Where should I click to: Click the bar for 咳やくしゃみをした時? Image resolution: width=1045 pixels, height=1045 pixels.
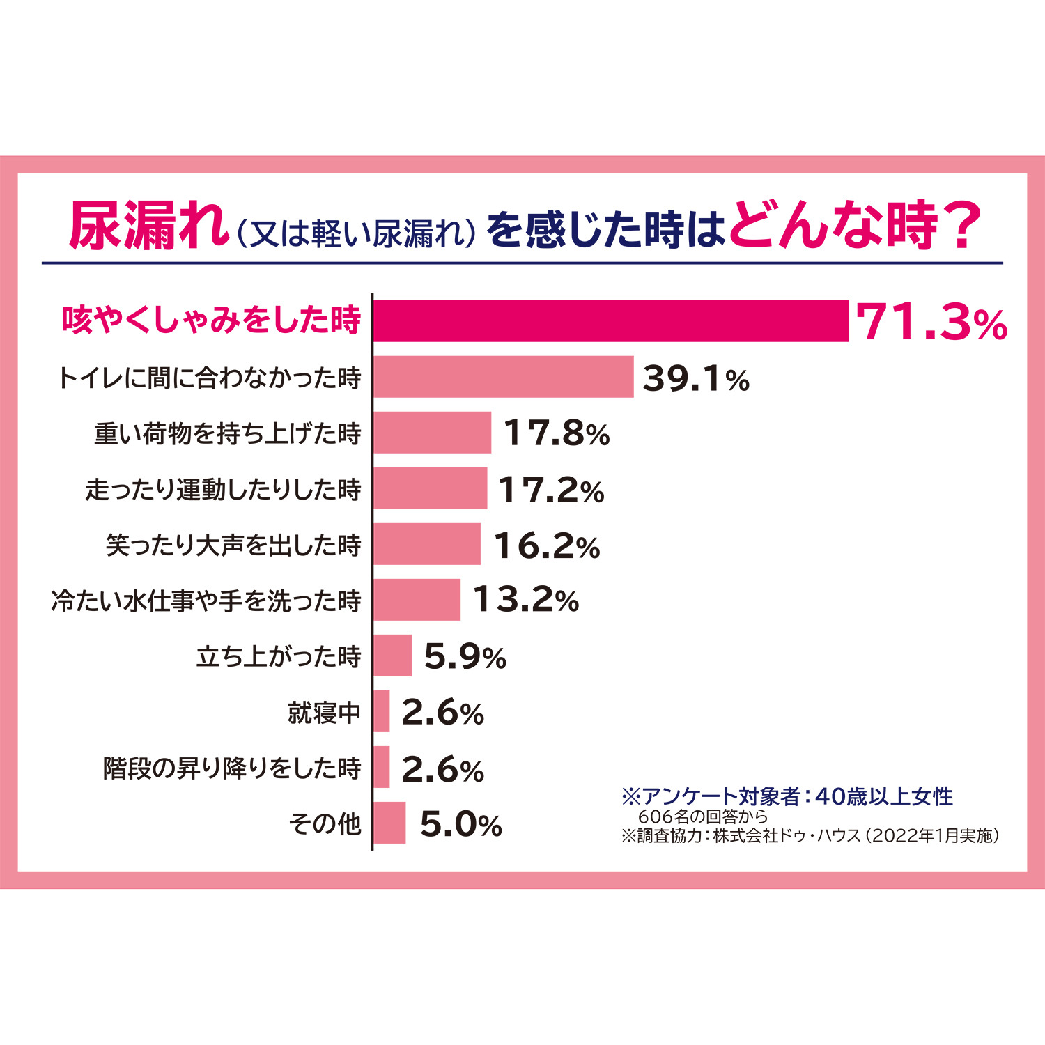611,321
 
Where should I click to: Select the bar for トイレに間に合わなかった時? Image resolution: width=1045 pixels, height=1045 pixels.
503,377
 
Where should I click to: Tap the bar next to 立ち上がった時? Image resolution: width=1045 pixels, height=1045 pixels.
392,656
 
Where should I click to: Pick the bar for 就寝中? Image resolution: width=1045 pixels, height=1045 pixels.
381,711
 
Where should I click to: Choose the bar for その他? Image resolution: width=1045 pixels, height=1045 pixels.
389,823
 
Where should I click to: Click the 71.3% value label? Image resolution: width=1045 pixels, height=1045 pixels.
931,323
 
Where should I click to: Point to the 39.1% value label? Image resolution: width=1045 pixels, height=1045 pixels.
695,379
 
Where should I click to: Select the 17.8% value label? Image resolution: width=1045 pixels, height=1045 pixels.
556,433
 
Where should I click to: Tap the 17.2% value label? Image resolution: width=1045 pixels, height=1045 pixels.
551,490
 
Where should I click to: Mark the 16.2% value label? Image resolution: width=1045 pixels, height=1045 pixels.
547,545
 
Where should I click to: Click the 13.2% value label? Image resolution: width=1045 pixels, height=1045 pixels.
526,600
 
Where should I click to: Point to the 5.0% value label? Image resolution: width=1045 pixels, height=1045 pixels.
460,825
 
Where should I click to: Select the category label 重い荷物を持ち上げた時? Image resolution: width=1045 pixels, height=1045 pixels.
228,433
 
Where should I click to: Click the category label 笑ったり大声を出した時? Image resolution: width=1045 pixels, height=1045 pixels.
233,545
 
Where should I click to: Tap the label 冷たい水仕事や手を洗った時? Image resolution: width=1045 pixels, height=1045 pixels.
206,601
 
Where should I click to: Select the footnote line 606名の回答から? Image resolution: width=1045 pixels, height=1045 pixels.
702,816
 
